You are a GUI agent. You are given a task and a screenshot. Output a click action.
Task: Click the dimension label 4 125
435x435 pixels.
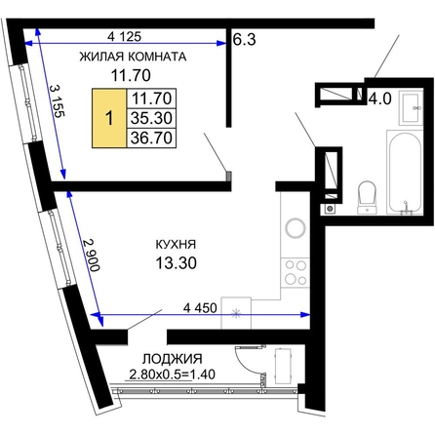pos(124,36)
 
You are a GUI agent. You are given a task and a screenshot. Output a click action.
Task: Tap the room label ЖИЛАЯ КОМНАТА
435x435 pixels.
pos(133,57)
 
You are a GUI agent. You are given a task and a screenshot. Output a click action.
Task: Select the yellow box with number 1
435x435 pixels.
pos(109,118)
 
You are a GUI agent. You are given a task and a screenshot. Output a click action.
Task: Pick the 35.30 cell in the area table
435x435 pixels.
pos(151,118)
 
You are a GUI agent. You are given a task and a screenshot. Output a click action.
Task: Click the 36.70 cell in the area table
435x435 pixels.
pos(151,138)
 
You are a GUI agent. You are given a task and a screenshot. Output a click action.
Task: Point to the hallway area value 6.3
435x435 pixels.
pos(245,39)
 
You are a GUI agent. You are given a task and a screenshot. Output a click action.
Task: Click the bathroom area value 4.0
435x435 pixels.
pos(379,99)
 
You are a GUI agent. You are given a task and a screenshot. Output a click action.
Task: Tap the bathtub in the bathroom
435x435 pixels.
pos(405,173)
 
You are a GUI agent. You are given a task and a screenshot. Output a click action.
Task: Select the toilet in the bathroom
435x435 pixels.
pos(367,197)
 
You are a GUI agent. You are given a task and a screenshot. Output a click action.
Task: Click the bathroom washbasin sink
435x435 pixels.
pos(411,107)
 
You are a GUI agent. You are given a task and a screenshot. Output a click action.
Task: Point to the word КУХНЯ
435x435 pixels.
pos(176,244)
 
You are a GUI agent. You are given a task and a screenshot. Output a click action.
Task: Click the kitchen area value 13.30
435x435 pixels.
pos(176,262)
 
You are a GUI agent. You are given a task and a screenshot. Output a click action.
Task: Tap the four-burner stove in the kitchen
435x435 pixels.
pos(296,273)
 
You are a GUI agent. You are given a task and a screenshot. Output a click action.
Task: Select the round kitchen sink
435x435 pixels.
pos(296,227)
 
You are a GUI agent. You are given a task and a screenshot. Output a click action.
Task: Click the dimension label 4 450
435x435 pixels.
pos(200,308)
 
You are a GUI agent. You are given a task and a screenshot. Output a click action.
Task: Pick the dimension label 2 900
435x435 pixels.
pos(91,255)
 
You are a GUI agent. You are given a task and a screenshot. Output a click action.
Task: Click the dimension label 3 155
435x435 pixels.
pos(58,100)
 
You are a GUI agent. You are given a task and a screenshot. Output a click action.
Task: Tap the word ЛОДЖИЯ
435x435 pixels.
pos(173,359)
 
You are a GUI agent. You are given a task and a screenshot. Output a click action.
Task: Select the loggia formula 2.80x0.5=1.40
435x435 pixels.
pos(172,375)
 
